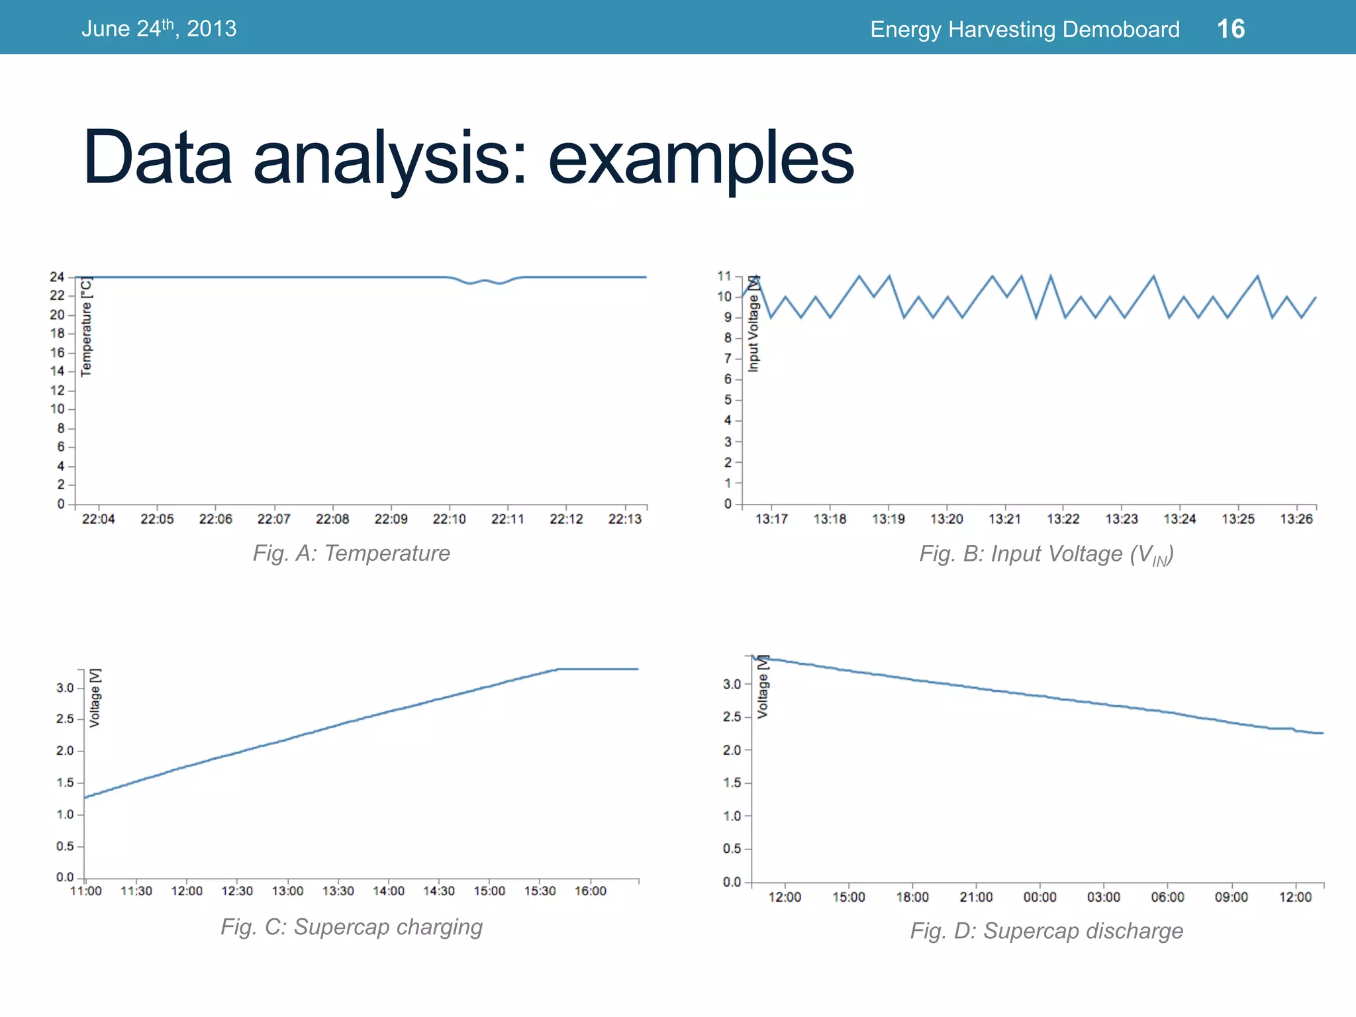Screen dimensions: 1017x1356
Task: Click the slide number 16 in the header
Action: tap(1230, 29)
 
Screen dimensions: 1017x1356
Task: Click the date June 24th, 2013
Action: tap(159, 29)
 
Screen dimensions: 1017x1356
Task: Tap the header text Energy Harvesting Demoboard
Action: tap(1024, 30)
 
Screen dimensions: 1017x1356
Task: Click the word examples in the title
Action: tap(701, 159)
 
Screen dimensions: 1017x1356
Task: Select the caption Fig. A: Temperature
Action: tap(351, 554)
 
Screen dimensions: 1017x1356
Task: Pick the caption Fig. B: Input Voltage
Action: tap(1046, 555)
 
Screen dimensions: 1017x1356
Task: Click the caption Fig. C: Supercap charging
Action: tap(351, 927)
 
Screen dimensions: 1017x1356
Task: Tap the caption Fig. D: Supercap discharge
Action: tap(1046, 931)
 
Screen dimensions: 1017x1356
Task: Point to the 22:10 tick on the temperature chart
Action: tap(450, 519)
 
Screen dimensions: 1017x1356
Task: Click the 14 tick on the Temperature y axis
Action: tap(58, 371)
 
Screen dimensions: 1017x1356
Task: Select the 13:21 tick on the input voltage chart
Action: tap(1004, 519)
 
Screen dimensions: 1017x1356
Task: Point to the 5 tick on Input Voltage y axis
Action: tap(728, 400)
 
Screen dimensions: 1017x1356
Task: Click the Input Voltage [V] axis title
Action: tap(753, 324)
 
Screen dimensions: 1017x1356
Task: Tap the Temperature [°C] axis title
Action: tap(86, 326)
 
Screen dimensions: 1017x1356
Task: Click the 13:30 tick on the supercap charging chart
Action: tap(338, 891)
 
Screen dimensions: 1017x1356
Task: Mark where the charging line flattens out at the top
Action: tap(558, 669)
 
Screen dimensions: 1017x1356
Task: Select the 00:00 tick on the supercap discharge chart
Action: tap(1040, 897)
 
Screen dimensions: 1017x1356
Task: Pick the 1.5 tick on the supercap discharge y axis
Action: tap(732, 783)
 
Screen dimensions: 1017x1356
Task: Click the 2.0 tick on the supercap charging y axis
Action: tap(65, 751)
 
